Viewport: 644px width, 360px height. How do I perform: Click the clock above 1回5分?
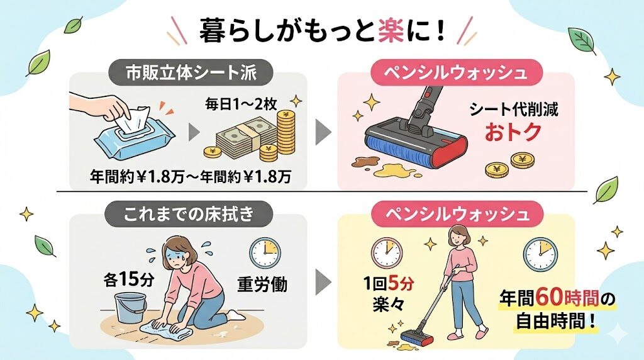386,252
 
